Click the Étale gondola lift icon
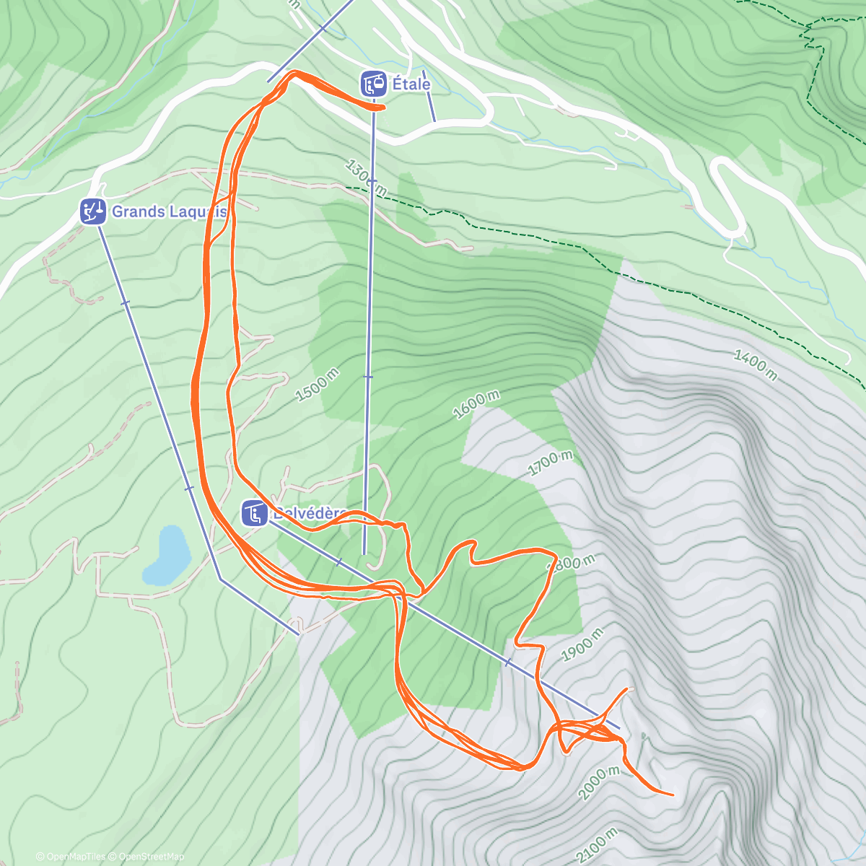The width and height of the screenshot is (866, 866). coord(373,84)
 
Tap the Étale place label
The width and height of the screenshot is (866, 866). coord(411,84)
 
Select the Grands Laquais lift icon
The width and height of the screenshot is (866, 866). coord(92,211)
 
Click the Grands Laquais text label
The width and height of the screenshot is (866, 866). coord(169,211)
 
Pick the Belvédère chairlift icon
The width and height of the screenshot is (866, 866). coord(254,514)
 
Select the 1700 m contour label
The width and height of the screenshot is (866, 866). coord(550,462)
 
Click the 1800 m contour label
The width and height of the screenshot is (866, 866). coord(574,562)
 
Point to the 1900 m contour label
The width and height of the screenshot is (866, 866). coord(582,644)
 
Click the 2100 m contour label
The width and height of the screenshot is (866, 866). coord(598,845)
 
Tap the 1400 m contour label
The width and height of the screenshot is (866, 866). coord(756,365)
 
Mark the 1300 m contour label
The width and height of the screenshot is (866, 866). coord(366,178)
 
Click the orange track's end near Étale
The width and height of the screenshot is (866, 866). coord(381,108)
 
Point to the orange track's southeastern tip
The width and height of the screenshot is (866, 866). coord(673,795)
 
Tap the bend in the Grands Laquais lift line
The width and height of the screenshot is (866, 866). coord(221,579)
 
